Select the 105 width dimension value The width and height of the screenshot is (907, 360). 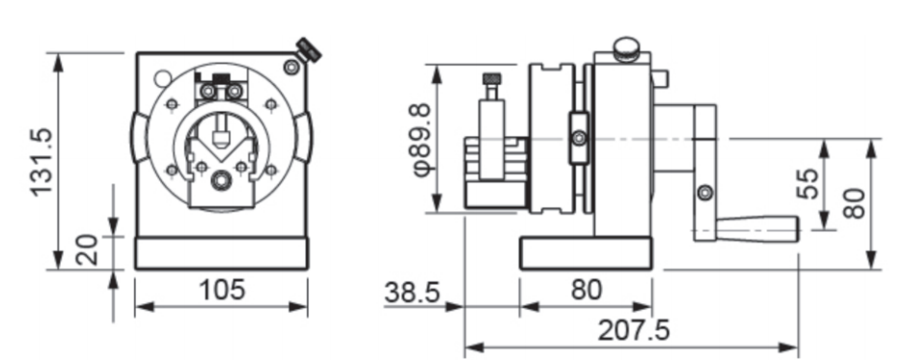click(x=222, y=290)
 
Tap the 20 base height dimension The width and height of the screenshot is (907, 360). click(x=87, y=249)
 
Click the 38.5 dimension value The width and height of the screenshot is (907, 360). click(x=411, y=292)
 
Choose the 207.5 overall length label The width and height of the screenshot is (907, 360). click(x=633, y=330)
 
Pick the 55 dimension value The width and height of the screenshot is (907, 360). click(x=808, y=183)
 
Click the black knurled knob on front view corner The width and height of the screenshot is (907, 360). click(x=309, y=50)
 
